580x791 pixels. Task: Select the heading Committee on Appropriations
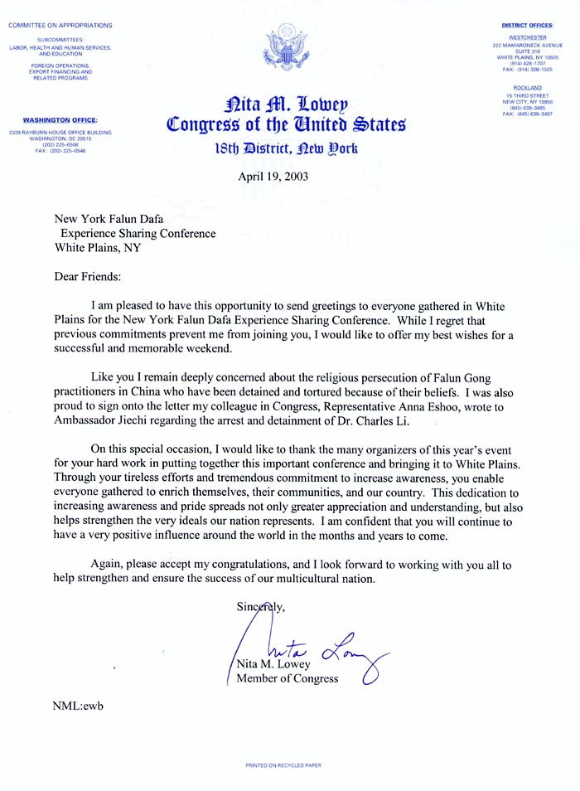point(60,26)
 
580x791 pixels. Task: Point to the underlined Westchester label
point(527,37)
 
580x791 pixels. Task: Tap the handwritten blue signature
point(307,644)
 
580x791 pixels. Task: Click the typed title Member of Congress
point(288,679)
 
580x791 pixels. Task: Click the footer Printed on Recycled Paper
point(285,765)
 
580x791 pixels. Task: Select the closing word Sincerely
point(261,607)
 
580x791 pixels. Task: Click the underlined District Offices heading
point(528,26)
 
